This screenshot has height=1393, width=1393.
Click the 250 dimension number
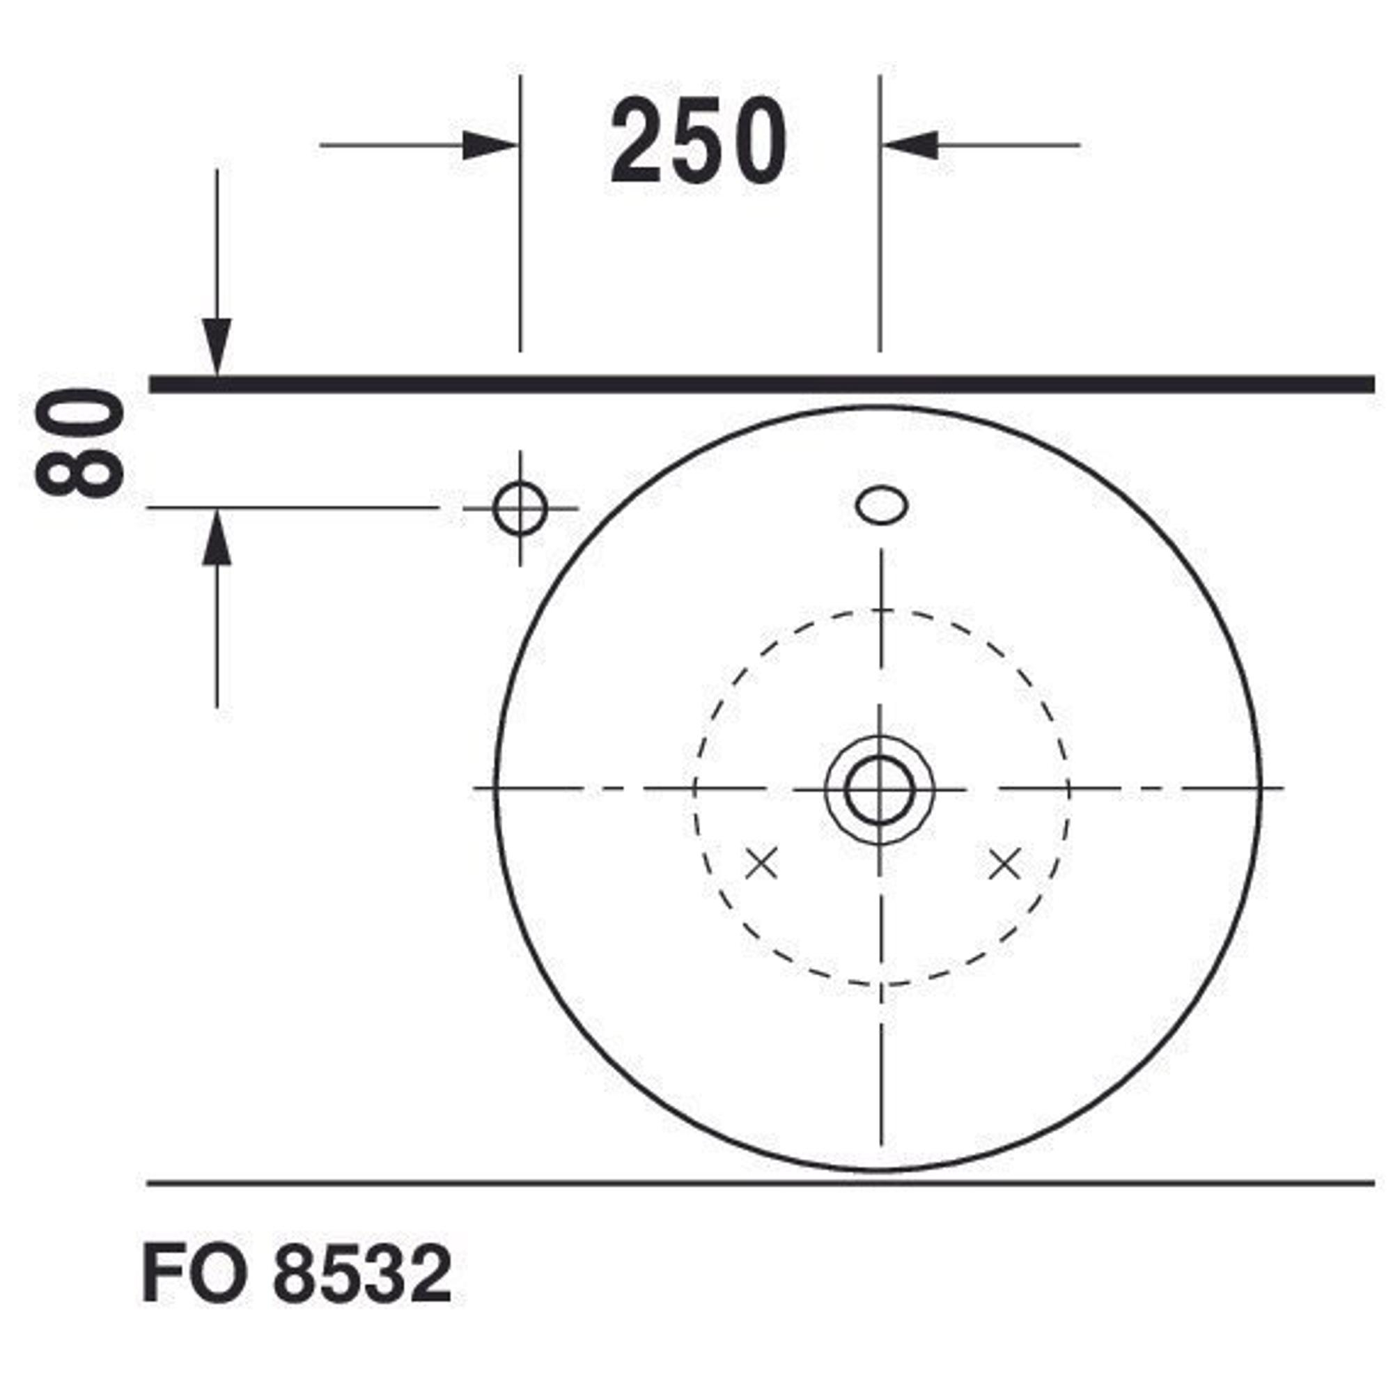[699, 141]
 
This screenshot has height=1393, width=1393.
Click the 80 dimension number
[80, 442]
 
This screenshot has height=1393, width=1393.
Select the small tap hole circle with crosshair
[520, 508]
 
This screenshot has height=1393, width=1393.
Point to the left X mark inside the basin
[761, 863]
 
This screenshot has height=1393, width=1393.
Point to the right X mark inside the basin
[1004, 863]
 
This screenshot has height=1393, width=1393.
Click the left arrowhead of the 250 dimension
[490, 145]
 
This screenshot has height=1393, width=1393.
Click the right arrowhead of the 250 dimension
[910, 145]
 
